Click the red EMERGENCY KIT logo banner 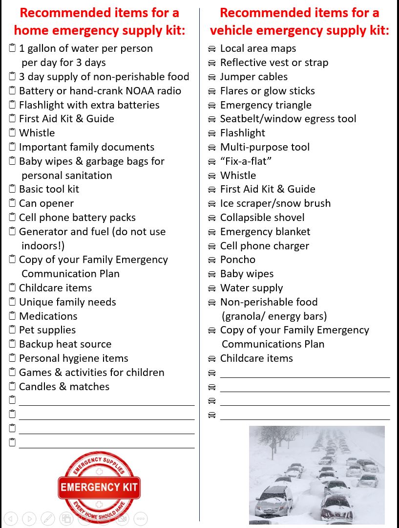tap(99, 487)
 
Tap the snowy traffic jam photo tap(316, 474)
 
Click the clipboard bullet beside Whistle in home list tap(12, 133)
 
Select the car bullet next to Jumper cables tap(212, 77)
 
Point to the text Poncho tap(237, 260)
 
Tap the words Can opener tap(46, 203)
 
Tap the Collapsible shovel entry tap(262, 218)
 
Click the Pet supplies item tap(47, 330)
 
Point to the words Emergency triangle tap(266, 105)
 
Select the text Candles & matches tap(64, 387)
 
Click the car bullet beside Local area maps tap(212, 49)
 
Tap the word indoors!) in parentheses tap(43, 245)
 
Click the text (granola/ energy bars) tap(274, 316)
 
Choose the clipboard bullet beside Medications tap(12, 316)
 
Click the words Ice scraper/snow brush tap(275, 203)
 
